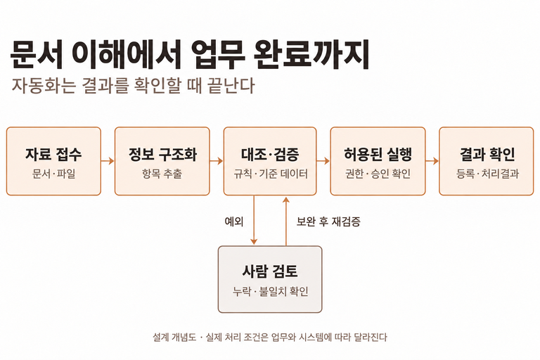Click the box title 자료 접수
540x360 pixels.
pyautogui.click(x=53, y=154)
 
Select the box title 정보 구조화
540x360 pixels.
pyautogui.click(x=162, y=154)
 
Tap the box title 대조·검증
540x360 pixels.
pyautogui.click(x=270, y=154)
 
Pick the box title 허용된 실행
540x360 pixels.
pyautogui.click(x=378, y=154)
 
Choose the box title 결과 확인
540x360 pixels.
pyautogui.click(x=487, y=154)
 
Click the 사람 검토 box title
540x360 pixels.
pyautogui.click(x=270, y=271)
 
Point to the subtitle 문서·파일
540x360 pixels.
pyautogui.click(x=53, y=174)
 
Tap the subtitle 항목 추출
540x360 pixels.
pyautogui.click(x=162, y=174)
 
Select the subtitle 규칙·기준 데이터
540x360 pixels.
pyautogui.click(x=270, y=174)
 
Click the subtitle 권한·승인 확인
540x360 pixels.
pyautogui.click(x=378, y=174)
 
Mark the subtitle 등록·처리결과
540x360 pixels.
pyautogui.click(x=487, y=174)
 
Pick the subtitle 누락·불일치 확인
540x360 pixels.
pyautogui.click(x=270, y=291)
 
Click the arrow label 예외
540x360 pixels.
pyautogui.click(x=234, y=221)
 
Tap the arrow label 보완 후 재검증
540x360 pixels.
pyautogui.click(x=328, y=221)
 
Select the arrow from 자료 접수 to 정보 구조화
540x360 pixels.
pyautogui.click(x=108, y=161)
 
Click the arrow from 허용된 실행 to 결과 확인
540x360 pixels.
pyautogui.click(x=432, y=161)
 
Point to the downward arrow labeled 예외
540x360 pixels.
pyautogui.click(x=254, y=220)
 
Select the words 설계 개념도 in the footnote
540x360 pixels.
pyautogui.click(x=174, y=337)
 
